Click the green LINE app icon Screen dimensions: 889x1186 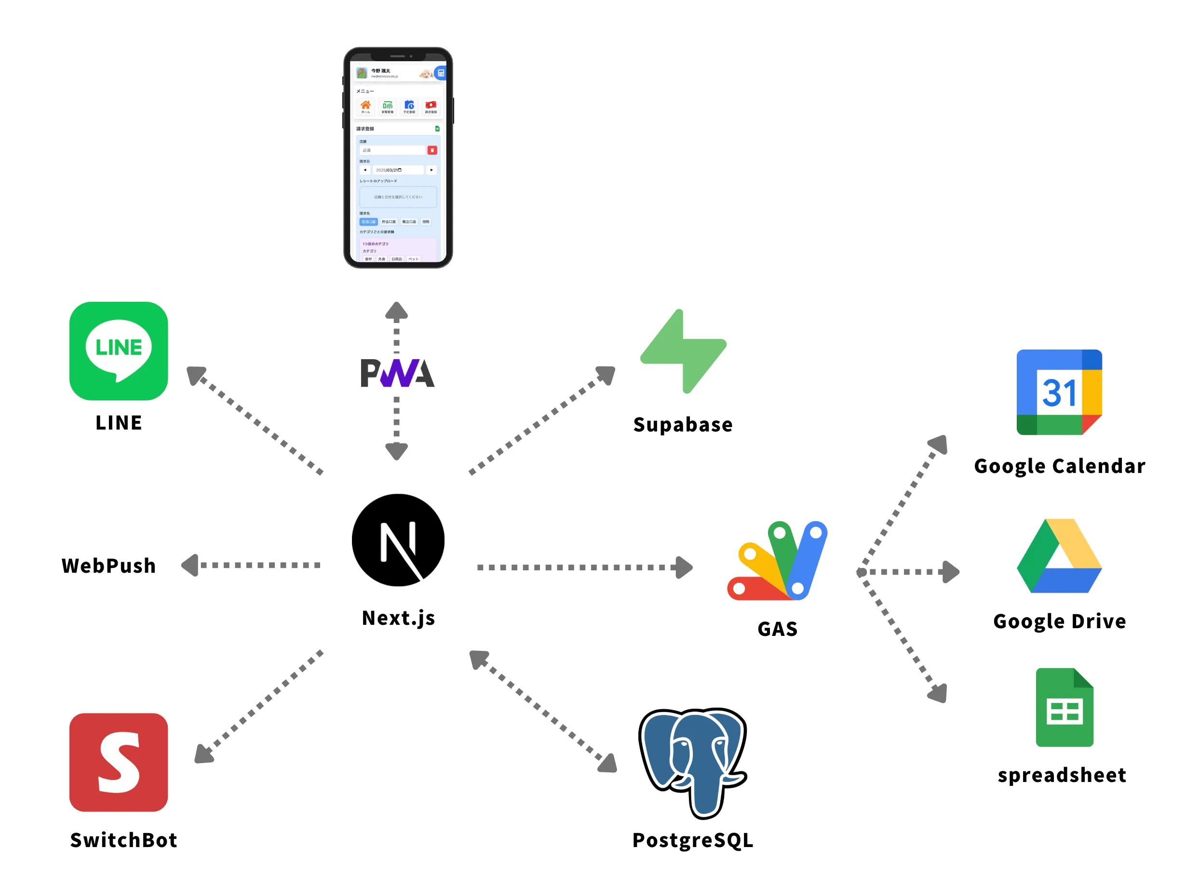[119, 350]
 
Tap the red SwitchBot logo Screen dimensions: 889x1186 [119, 762]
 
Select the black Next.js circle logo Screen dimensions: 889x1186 [398, 540]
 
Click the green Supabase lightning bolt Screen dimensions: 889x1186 [683, 351]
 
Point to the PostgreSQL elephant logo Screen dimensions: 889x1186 [692, 762]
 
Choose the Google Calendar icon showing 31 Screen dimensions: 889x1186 [1059, 392]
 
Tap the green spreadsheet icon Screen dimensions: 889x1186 [1065, 707]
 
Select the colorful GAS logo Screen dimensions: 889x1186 [778, 560]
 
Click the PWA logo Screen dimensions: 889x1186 [397, 373]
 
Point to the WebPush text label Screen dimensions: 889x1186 [109, 566]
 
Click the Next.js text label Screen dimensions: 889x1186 [398, 618]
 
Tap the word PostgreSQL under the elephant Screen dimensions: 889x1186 [693, 840]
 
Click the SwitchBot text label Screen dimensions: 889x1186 [123, 840]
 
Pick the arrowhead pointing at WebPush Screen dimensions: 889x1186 [190, 565]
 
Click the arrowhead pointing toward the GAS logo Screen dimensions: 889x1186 [684, 567]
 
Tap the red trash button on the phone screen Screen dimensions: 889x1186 [432, 150]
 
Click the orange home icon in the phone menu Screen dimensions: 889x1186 [365, 105]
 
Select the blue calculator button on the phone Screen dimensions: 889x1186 [440, 73]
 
